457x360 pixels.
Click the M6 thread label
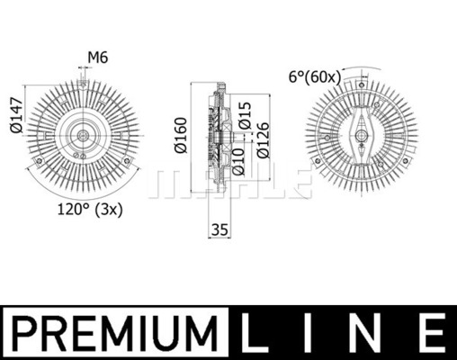click(98, 58)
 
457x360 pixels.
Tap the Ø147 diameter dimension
click(16, 115)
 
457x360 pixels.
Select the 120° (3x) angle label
click(90, 210)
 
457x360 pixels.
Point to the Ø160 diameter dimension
click(182, 135)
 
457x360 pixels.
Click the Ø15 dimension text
click(244, 116)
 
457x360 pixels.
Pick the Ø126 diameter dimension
click(264, 140)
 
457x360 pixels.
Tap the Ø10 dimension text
click(238, 161)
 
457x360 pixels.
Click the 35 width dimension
click(220, 229)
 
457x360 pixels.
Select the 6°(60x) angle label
click(315, 77)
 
